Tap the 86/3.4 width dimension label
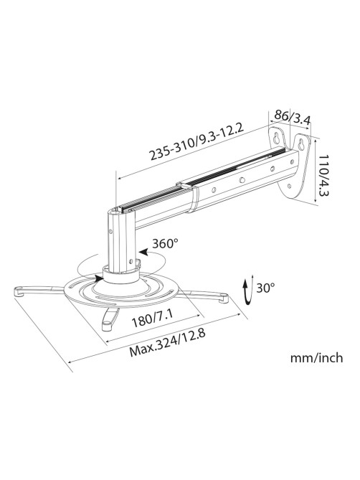pyautogui.click(x=292, y=117)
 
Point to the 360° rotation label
pyautogui.click(x=165, y=243)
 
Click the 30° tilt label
pyautogui.click(x=265, y=288)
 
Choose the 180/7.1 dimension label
pyautogui.click(x=152, y=319)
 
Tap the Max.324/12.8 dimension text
pyautogui.click(x=166, y=343)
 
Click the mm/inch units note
pyautogui.click(x=316, y=357)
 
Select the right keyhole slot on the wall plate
pyautogui.click(x=301, y=144)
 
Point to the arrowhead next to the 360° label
pyautogui.click(x=143, y=253)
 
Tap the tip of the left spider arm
pyautogui.click(x=19, y=291)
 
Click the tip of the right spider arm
pyautogui.click(x=224, y=298)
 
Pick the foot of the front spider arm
pyautogui.click(x=106, y=326)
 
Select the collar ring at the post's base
pyautogui.click(x=121, y=275)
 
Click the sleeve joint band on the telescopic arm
pyautogui.click(x=194, y=200)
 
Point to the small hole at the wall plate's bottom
pyautogui.click(x=289, y=186)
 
